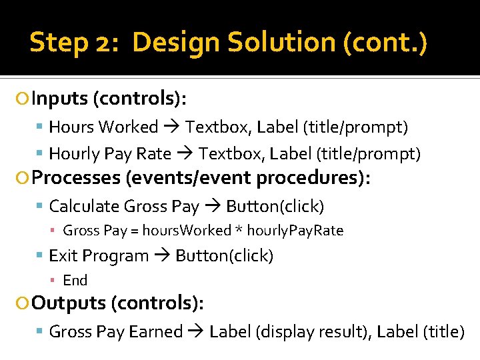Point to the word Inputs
click(60, 99)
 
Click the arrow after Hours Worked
click(172, 127)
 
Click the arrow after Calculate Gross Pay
click(213, 207)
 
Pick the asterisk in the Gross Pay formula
click(237, 231)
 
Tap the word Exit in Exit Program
click(61, 255)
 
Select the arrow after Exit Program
click(162, 256)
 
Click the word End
click(75, 280)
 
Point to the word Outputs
click(69, 303)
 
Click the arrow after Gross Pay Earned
click(196, 332)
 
